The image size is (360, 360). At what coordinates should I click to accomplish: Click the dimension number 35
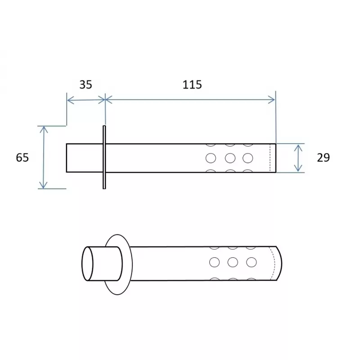tap(85, 85)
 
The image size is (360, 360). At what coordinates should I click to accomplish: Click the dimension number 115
tap(192, 85)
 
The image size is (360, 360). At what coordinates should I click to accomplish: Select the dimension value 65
tap(22, 157)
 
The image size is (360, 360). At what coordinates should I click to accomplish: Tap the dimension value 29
tap(323, 157)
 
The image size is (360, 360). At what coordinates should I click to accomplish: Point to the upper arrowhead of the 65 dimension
tap(44, 130)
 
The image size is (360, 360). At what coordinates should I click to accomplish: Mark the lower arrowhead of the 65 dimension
tap(44, 185)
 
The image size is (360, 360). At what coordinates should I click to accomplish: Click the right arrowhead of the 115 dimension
tap(272, 100)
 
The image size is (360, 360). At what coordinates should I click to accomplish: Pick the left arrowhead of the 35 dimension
tap(70, 100)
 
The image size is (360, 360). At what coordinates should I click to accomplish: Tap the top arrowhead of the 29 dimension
tap(298, 147)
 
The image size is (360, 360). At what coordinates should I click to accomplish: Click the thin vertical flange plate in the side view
tap(104, 157)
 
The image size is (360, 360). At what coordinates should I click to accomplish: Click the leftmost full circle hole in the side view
tap(210, 158)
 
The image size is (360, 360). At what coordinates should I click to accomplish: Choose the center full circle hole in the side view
tap(230, 158)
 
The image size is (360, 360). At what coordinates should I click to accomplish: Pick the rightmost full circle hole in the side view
tap(247, 158)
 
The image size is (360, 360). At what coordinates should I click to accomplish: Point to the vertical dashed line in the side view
tap(270, 158)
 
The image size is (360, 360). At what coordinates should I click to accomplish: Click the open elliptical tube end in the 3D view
tap(88, 265)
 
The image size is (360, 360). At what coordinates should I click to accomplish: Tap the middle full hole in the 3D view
tap(233, 262)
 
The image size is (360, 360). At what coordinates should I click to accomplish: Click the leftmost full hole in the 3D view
tap(215, 262)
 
